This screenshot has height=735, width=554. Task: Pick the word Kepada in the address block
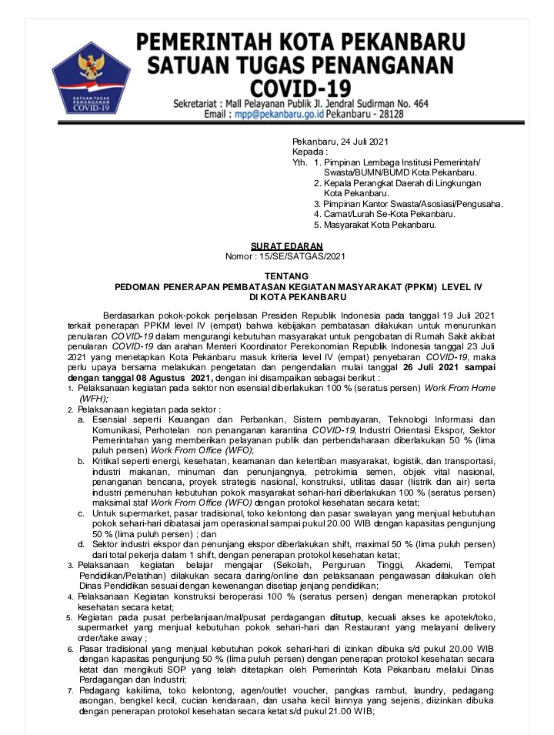pos(309,152)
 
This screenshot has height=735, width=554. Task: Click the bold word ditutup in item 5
pos(351,618)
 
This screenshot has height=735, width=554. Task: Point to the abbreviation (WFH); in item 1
pos(95,399)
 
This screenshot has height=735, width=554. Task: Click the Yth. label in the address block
pos(299,162)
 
